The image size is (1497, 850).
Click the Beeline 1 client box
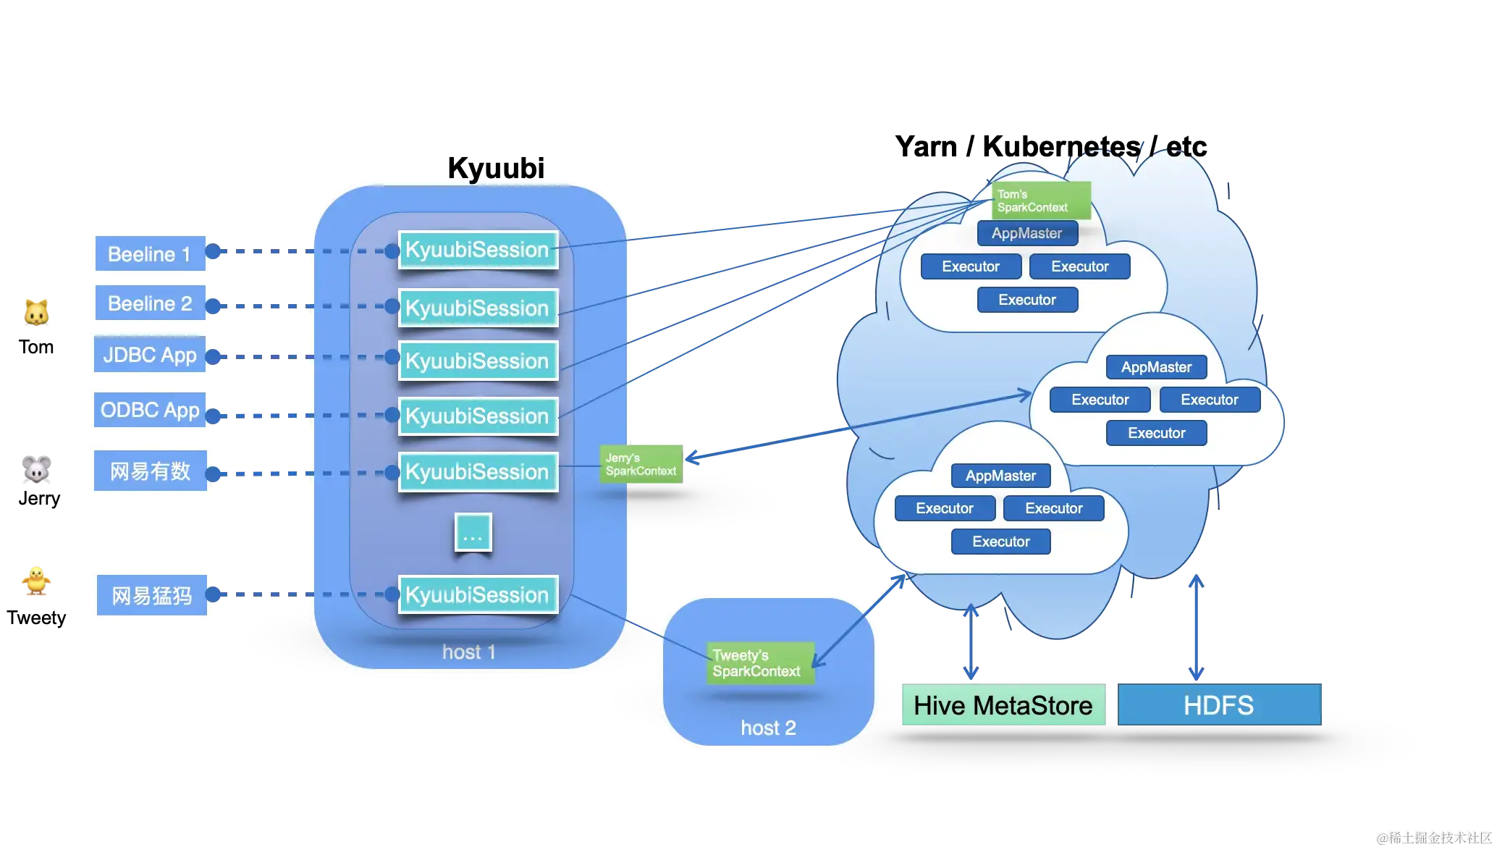tap(150, 253)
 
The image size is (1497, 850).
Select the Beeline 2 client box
tap(150, 303)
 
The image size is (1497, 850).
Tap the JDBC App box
tap(150, 355)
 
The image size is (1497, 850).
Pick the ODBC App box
tap(150, 411)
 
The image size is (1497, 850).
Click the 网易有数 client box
tap(150, 471)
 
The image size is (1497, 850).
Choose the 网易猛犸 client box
tap(152, 595)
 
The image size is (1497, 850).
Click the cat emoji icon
tap(36, 312)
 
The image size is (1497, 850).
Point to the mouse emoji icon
tap(36, 469)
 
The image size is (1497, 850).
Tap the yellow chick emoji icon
tap(35, 579)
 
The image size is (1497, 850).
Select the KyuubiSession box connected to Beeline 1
tap(478, 250)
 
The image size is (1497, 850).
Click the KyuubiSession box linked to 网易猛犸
tap(478, 594)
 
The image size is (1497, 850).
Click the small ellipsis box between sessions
tap(473, 533)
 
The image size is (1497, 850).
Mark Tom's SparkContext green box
tap(1041, 201)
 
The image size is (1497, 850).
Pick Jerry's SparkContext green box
tap(641, 464)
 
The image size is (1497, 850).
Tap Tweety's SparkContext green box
tap(759, 663)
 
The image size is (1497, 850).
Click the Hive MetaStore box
tap(1003, 705)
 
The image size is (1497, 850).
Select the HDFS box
tap(1219, 705)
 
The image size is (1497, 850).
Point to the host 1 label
tap(469, 652)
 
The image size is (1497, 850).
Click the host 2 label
tap(768, 728)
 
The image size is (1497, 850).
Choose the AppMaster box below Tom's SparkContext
tap(1027, 233)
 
